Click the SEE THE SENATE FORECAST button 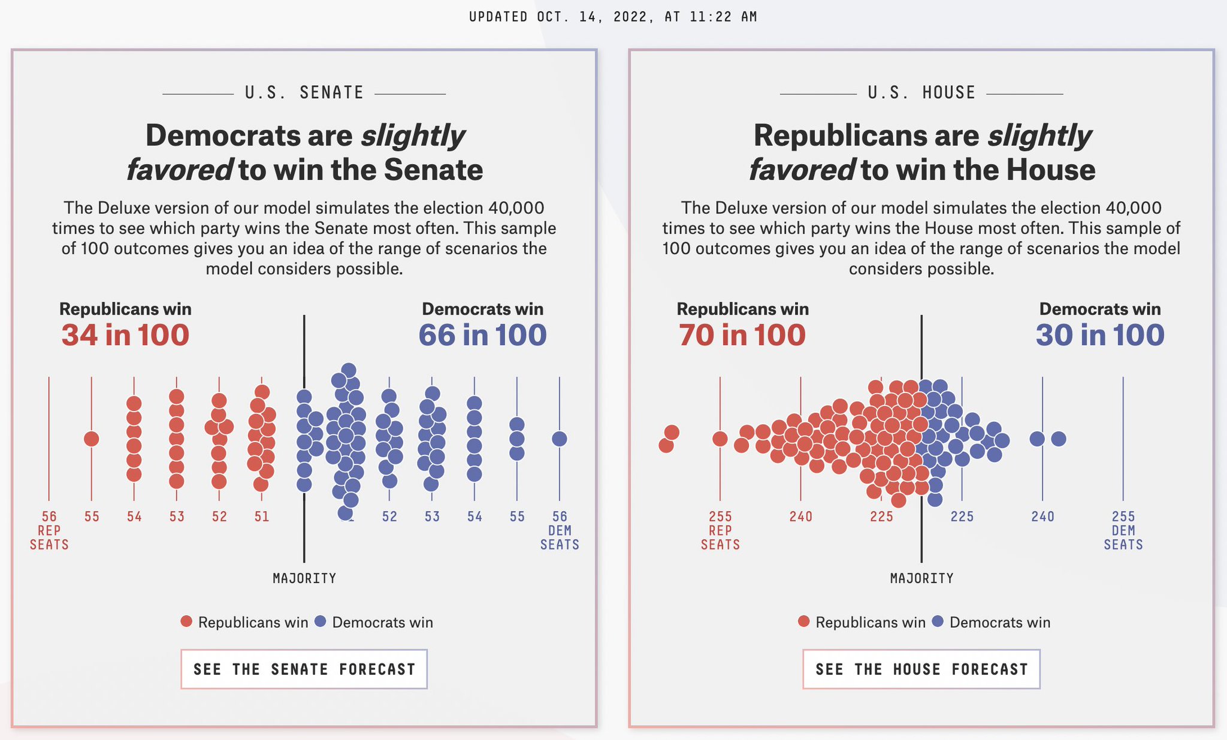pyautogui.click(x=304, y=669)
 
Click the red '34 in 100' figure pyautogui.click(x=125, y=335)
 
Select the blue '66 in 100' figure pyautogui.click(x=482, y=335)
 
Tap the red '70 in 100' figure pyautogui.click(x=742, y=335)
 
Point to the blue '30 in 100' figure pyautogui.click(x=1100, y=335)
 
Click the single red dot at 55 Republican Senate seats pyautogui.click(x=91, y=439)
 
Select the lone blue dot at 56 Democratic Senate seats pyautogui.click(x=559, y=439)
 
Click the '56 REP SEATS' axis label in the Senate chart pyautogui.click(x=49, y=530)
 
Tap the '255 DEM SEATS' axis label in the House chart pyautogui.click(x=1123, y=530)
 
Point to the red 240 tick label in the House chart pyautogui.click(x=800, y=517)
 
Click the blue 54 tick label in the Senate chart pyautogui.click(x=475, y=517)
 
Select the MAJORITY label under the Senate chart pyautogui.click(x=304, y=578)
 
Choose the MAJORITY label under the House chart pyautogui.click(x=921, y=578)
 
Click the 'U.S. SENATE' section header pyautogui.click(x=304, y=93)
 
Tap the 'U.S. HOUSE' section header pyautogui.click(x=921, y=93)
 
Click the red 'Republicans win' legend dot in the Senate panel pyautogui.click(x=186, y=621)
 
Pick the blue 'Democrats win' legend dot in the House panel pyautogui.click(x=938, y=621)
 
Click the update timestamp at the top pyautogui.click(x=613, y=17)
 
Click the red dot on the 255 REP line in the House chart pyautogui.click(x=720, y=439)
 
